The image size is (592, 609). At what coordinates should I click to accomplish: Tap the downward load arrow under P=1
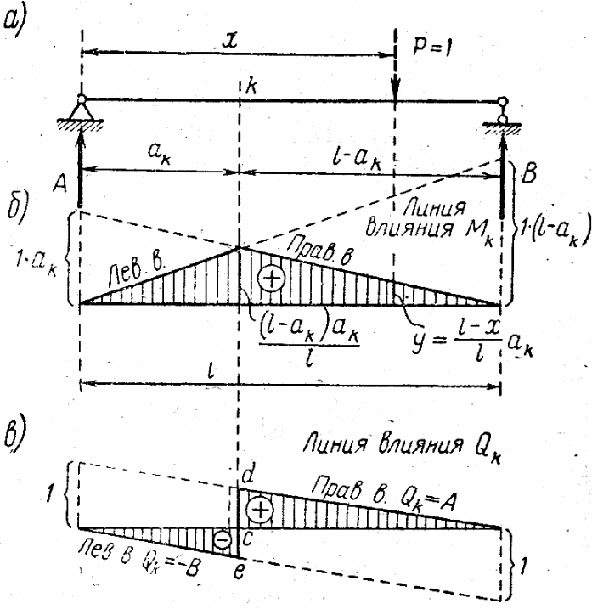396,68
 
